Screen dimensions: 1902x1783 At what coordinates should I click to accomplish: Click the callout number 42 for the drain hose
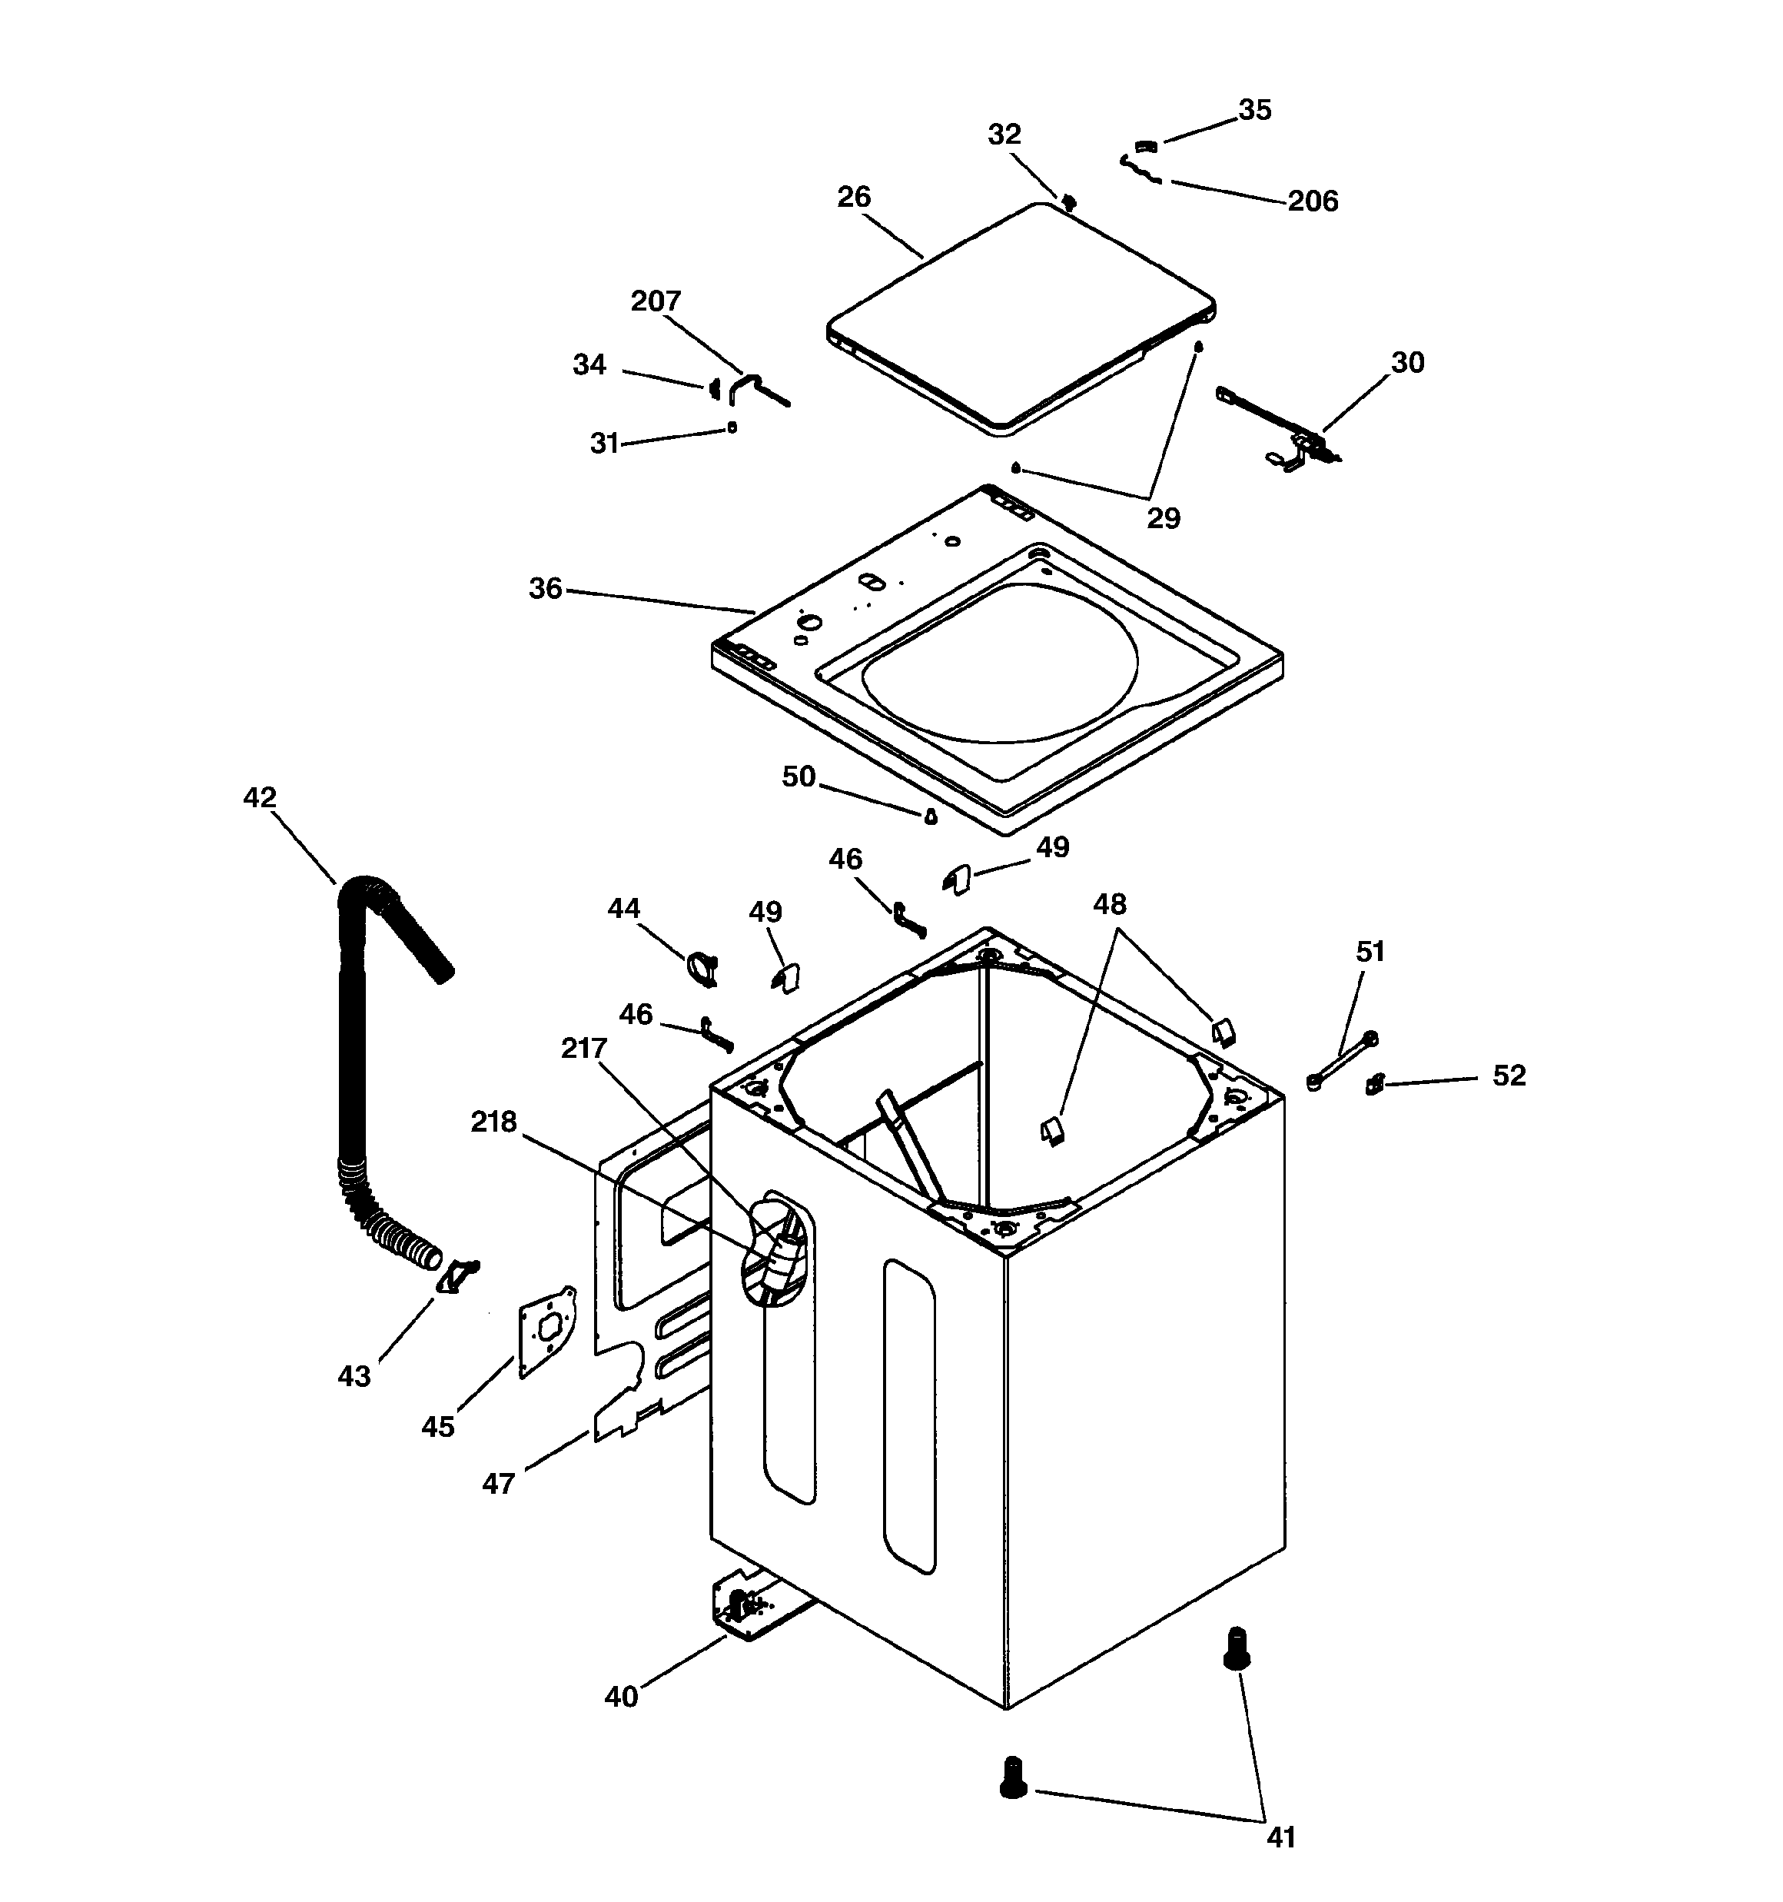tap(259, 797)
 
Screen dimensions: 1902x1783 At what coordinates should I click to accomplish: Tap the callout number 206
tap(1313, 201)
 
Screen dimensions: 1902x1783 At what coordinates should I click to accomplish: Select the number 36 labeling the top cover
tap(545, 588)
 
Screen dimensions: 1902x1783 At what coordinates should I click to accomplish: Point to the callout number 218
tap(493, 1122)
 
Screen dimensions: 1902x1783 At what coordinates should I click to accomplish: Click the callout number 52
tap(1509, 1076)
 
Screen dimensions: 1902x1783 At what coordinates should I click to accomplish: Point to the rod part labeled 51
tap(1342, 1060)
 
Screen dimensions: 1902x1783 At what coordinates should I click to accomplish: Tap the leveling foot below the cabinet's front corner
tap(1012, 1777)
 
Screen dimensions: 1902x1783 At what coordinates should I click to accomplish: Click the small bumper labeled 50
tap(930, 816)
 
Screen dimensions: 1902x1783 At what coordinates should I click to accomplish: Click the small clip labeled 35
tap(1146, 146)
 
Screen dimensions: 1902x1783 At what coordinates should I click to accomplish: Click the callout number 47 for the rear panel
tap(498, 1484)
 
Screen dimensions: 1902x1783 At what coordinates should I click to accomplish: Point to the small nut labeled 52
tap(1376, 1084)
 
